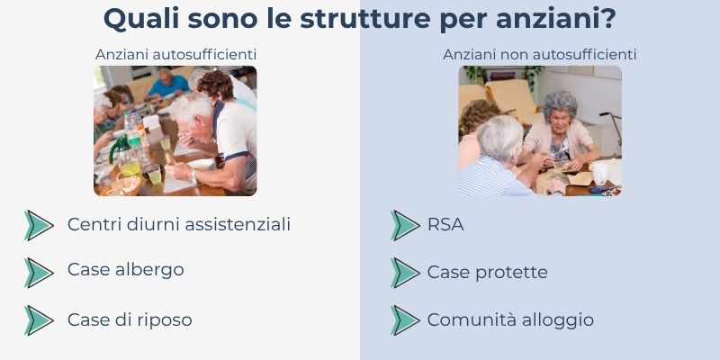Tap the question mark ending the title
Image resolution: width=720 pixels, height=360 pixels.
click(608, 19)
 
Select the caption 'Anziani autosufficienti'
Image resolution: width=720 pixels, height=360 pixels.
click(176, 55)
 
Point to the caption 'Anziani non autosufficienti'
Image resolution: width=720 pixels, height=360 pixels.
click(540, 55)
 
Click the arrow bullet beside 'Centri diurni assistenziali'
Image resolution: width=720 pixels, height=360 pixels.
click(38, 225)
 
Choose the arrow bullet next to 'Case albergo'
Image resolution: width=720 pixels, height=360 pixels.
click(38, 272)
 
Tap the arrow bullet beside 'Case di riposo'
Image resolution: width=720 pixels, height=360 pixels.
click(38, 320)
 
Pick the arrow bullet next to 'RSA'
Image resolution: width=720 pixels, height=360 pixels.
click(405, 225)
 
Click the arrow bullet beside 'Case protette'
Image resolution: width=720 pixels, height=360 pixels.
click(405, 272)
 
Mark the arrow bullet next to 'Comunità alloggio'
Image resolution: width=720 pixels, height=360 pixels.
click(405, 320)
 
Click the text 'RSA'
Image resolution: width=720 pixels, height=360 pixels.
click(445, 225)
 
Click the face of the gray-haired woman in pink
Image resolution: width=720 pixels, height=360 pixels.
click(559, 114)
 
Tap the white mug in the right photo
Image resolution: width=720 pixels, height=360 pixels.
click(600, 172)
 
